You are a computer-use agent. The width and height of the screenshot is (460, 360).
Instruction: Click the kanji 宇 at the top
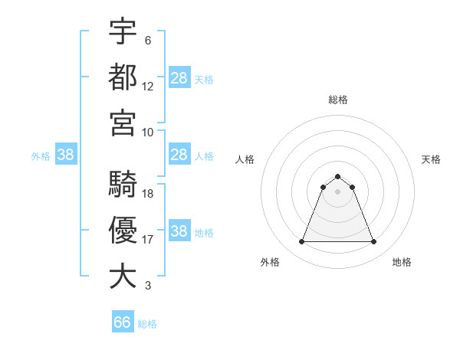(123, 31)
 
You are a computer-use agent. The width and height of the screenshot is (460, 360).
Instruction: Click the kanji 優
(123, 231)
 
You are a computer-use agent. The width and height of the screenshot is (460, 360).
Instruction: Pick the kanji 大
(123, 276)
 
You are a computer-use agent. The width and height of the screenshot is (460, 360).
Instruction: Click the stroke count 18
(148, 194)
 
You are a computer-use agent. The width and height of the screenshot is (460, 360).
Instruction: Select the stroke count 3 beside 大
(148, 286)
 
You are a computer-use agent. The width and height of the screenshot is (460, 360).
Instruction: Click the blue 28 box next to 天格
(179, 78)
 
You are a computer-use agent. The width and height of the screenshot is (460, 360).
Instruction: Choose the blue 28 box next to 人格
(179, 155)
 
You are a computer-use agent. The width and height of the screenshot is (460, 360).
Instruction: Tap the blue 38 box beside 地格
(179, 232)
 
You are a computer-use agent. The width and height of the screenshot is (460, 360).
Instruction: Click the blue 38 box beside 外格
(66, 155)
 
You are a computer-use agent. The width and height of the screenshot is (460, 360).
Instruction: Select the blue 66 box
(123, 322)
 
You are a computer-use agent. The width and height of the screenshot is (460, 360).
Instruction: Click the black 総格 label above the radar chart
(337, 100)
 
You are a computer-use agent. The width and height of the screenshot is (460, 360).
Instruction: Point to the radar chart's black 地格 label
(402, 262)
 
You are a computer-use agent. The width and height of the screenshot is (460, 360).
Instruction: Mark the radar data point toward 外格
(301, 242)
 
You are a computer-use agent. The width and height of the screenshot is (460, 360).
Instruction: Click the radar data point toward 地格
(374, 242)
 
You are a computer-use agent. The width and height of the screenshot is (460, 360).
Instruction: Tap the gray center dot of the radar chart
(337, 191)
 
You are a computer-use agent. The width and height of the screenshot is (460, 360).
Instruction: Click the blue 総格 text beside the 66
(147, 324)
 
